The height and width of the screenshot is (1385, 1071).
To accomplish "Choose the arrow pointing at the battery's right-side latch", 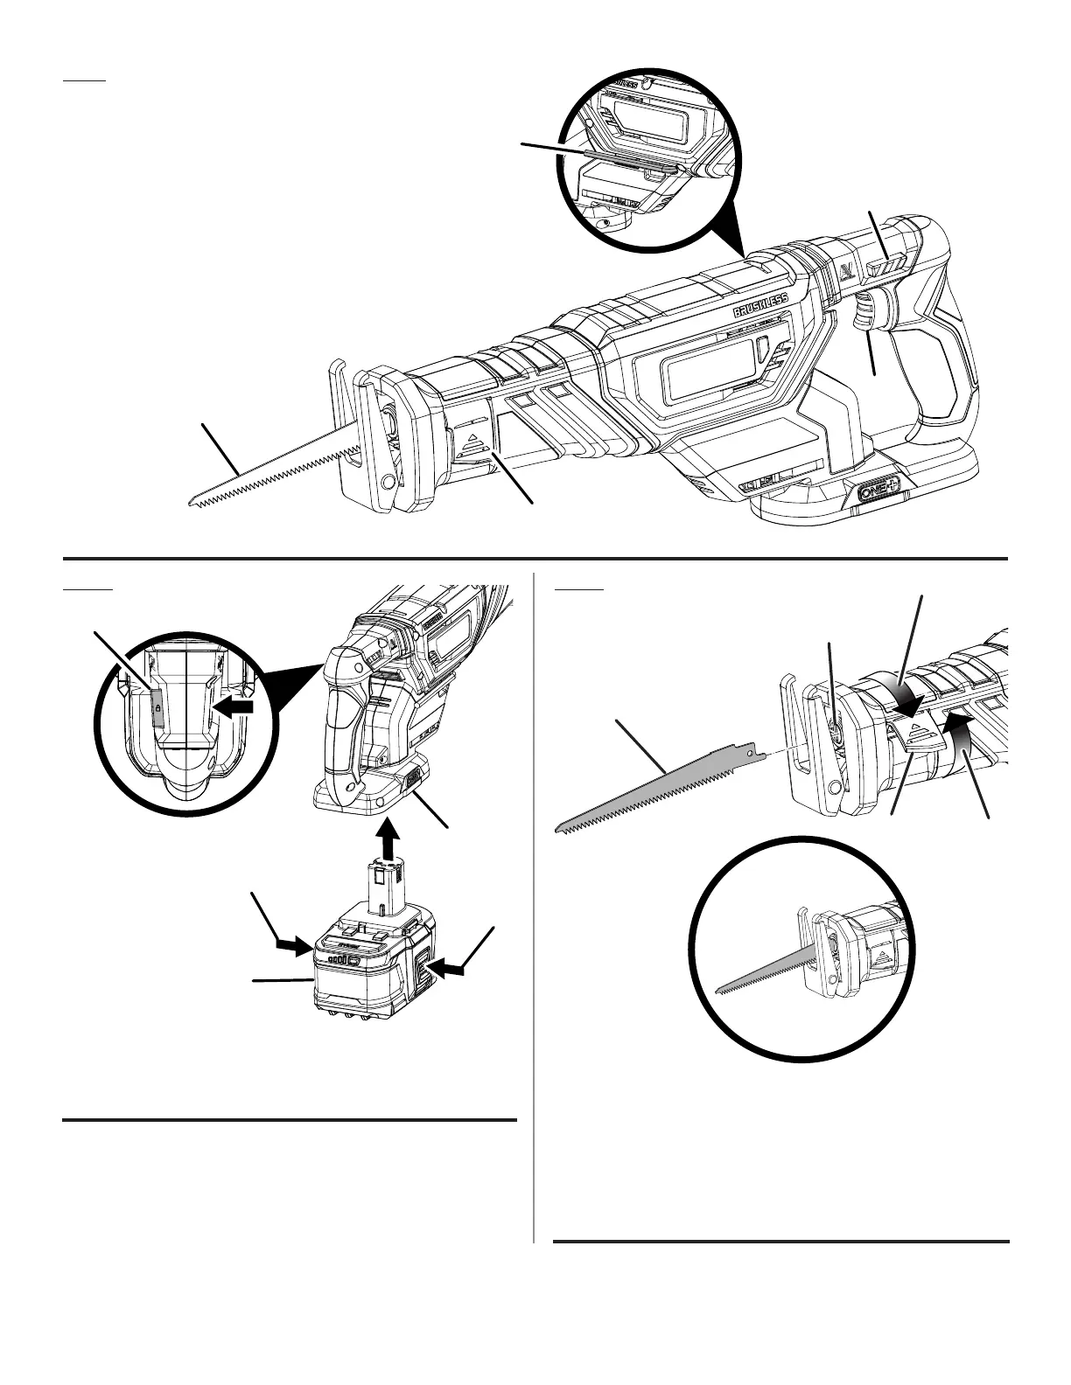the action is (448, 966).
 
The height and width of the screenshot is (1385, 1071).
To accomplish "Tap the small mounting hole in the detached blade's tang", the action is (750, 749).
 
